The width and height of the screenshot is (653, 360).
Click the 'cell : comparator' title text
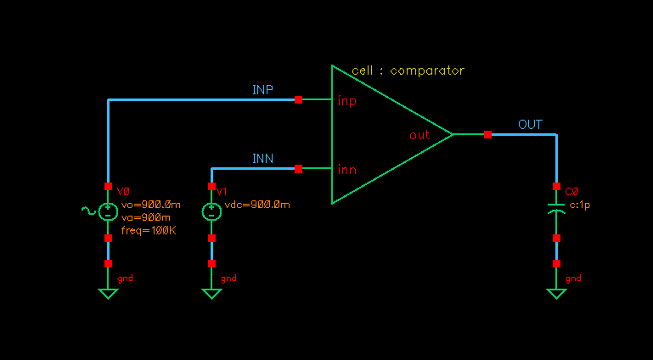point(408,70)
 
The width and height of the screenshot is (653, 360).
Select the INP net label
point(262,90)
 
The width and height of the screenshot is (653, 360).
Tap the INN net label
point(262,159)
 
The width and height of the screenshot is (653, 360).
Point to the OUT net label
point(530,125)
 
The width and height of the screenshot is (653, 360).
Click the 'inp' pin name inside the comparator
point(347,102)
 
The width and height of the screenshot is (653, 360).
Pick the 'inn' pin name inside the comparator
point(347,170)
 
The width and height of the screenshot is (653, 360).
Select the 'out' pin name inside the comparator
point(419,135)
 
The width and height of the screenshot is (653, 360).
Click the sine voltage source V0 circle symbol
point(108,212)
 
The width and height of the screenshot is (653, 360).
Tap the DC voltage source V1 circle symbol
point(211,212)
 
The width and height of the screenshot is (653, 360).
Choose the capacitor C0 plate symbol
point(556,208)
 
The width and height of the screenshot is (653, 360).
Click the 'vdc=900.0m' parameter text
point(257,205)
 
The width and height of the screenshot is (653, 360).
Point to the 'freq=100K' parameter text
point(148,230)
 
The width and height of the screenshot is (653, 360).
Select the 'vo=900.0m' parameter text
point(150,205)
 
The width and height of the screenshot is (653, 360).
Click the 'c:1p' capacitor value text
point(579,205)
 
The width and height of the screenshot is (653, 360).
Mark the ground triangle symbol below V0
point(108,294)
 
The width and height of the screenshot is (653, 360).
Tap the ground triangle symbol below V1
point(211,294)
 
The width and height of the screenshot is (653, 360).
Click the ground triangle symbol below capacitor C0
point(556,294)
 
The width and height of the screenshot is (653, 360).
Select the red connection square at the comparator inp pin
point(298,100)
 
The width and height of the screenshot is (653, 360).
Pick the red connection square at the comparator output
point(487,134)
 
